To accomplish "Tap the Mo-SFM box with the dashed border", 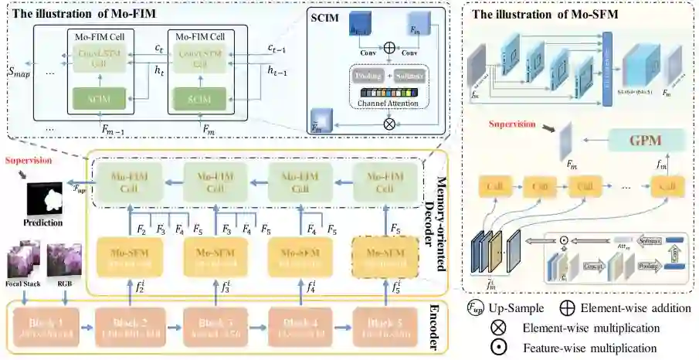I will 381,258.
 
